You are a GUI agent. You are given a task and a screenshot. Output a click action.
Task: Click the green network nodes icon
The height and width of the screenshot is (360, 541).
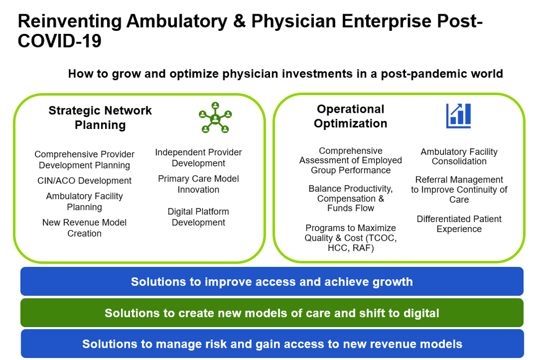[x=215, y=118]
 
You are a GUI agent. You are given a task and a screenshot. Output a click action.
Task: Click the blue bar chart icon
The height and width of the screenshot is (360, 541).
[x=459, y=116]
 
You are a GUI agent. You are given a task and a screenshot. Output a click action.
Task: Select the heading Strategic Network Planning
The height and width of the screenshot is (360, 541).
[x=100, y=118]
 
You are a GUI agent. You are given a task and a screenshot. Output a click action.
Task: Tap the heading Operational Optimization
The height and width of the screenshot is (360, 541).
[x=350, y=116]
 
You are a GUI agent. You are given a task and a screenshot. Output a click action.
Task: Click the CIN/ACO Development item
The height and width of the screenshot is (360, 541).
[x=84, y=181]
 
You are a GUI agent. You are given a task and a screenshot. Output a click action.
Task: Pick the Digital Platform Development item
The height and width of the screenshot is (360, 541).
[x=198, y=217]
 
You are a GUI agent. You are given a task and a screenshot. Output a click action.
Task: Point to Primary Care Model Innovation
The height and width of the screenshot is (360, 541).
[x=198, y=184]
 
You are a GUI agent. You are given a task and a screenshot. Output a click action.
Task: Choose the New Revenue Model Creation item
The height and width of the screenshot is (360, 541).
[x=84, y=228]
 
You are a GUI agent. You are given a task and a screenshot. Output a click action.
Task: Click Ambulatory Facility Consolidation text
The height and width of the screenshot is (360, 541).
[x=459, y=156]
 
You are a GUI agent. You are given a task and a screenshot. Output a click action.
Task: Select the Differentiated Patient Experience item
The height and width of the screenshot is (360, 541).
[x=459, y=224]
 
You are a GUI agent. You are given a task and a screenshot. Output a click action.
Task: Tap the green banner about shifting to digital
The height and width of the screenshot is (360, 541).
[x=272, y=312]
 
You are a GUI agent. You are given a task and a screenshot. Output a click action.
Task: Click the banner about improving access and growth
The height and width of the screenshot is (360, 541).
[x=272, y=281]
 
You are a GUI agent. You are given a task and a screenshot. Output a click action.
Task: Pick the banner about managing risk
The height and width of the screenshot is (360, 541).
[x=272, y=344]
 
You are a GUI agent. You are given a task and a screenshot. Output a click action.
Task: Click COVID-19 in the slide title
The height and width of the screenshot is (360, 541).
[x=59, y=41]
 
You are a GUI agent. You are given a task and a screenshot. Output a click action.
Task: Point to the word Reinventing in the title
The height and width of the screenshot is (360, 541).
[x=70, y=21]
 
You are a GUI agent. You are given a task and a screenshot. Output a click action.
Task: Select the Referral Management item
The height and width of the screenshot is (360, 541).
[x=459, y=190]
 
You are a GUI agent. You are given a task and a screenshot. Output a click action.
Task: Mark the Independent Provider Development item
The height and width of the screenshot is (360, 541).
[x=198, y=158]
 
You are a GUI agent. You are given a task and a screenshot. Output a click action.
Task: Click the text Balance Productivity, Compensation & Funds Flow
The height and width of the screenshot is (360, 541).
[x=350, y=199]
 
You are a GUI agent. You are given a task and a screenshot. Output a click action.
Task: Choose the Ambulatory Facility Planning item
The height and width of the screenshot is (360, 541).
[x=84, y=202]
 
